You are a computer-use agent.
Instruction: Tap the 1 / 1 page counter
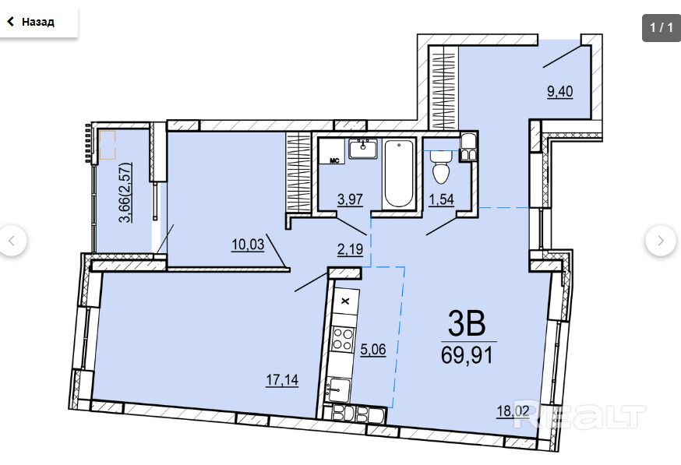coord(661,27)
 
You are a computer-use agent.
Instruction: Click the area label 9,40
coord(559,92)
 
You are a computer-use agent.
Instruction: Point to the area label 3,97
coord(350,199)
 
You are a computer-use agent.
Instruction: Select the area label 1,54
coord(441,199)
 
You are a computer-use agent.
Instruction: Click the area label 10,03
coord(248,245)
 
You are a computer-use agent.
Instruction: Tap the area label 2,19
coord(350,249)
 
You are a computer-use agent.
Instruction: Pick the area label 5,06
coord(373,349)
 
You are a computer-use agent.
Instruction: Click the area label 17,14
coord(282,380)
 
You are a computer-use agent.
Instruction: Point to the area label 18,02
coord(513,410)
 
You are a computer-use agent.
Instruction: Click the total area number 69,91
coord(468,354)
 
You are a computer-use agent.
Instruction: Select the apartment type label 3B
coord(467,323)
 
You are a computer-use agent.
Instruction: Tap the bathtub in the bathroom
coord(399,173)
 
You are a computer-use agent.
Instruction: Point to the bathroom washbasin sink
coord(363,149)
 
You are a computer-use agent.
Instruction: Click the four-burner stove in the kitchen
coord(343,339)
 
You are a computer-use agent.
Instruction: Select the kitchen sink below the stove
coord(338,390)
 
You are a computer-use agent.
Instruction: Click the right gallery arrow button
coord(661,241)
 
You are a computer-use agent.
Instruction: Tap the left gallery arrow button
coord(12,241)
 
